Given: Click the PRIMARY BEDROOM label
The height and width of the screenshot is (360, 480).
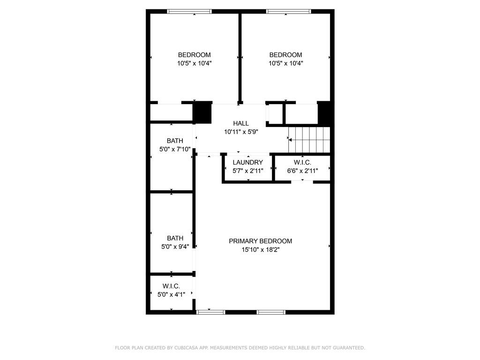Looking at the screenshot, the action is pos(260,241).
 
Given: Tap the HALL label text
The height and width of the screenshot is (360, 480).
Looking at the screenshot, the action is pos(241,123).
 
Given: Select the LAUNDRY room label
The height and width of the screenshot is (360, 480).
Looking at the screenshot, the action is pos(247,162).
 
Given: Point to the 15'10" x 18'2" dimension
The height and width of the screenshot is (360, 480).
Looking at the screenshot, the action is pos(260,249).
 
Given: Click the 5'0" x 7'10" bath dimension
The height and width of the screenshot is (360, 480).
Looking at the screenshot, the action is pos(175,150).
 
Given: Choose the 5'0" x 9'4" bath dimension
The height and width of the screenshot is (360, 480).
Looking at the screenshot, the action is pos(175,247).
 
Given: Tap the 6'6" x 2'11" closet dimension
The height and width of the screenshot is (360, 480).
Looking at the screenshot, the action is pos(302,171).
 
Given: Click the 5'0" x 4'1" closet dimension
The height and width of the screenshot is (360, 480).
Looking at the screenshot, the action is pos(171,294).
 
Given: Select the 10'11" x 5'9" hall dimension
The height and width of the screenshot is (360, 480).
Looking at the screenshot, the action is pos(241,132).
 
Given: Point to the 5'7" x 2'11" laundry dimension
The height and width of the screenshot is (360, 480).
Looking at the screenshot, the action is pos(248,171).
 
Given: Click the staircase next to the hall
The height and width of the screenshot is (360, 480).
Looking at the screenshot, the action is pos(309,140).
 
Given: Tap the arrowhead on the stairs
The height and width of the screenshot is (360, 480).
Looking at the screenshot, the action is pos(290,140).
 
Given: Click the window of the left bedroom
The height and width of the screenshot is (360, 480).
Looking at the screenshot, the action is pos(189,12).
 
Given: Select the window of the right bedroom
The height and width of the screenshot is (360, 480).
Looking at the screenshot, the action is pos(288,12).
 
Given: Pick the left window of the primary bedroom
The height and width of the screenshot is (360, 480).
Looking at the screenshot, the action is pos(210,312).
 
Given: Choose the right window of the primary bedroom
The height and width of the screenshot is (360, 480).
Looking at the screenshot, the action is pos(271,312).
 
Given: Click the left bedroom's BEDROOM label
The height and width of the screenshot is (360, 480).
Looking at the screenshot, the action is pos(195,55).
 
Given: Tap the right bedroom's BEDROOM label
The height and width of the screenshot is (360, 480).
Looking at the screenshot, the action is pos(285,55).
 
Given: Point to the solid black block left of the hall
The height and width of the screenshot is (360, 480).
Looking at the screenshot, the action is pos(202,112).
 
